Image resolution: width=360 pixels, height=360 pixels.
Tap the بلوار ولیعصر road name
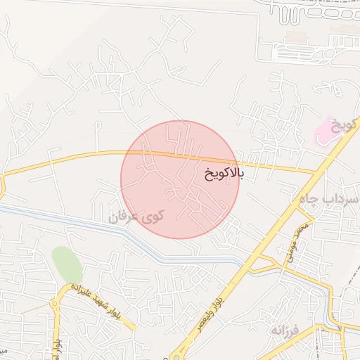[231, 292]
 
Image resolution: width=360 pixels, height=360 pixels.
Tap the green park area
[66, 264]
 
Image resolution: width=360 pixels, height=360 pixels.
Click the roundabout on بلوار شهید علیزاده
[56, 303]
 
